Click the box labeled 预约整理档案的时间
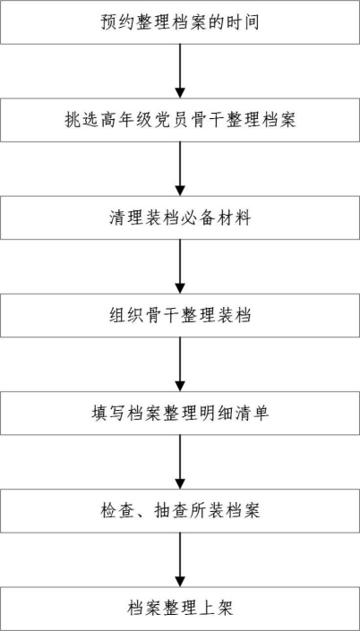(180, 22)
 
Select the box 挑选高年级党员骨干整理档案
(180, 120)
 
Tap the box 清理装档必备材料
(180, 217)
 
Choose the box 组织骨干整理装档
(180, 315)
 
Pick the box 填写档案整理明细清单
(180, 414)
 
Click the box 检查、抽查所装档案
(180, 511)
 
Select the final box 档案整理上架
(180, 609)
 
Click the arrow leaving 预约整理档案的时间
(180, 71)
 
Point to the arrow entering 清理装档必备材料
(180, 169)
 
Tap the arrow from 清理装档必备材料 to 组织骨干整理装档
(180, 267)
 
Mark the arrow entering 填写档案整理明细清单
(180, 364)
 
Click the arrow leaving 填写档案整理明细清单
(180, 463)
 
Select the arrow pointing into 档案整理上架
(180, 560)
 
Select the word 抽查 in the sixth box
(171, 511)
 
